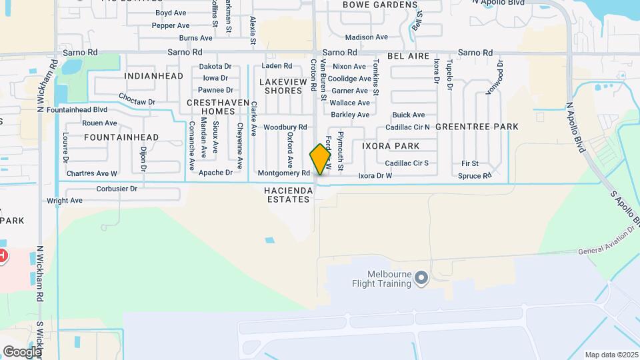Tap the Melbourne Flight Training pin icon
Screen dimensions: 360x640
[x=421, y=277]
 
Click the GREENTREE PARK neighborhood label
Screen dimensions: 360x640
[x=477, y=126]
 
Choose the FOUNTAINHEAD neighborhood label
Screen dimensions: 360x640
[x=122, y=137]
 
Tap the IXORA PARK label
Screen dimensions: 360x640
[x=391, y=145]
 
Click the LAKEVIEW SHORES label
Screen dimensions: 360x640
[x=283, y=86]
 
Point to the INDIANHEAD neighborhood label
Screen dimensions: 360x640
[x=154, y=76]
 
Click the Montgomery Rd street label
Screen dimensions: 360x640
[x=283, y=173]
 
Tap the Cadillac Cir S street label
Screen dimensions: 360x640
[x=407, y=163]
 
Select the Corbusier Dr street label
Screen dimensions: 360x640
[x=117, y=189]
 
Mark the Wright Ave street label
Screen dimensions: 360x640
[x=65, y=200]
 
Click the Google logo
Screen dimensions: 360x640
[x=22, y=352]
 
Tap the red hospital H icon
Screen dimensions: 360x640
[x=2, y=255]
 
